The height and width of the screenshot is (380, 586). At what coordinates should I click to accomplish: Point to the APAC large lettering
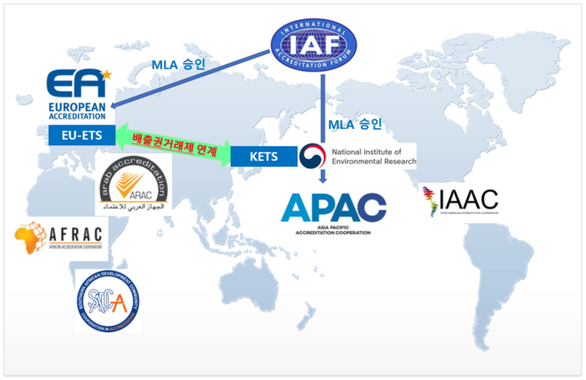333,207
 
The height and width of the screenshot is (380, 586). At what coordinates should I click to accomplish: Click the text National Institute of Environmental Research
374,156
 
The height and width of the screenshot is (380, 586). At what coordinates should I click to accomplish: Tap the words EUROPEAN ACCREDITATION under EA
77,109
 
